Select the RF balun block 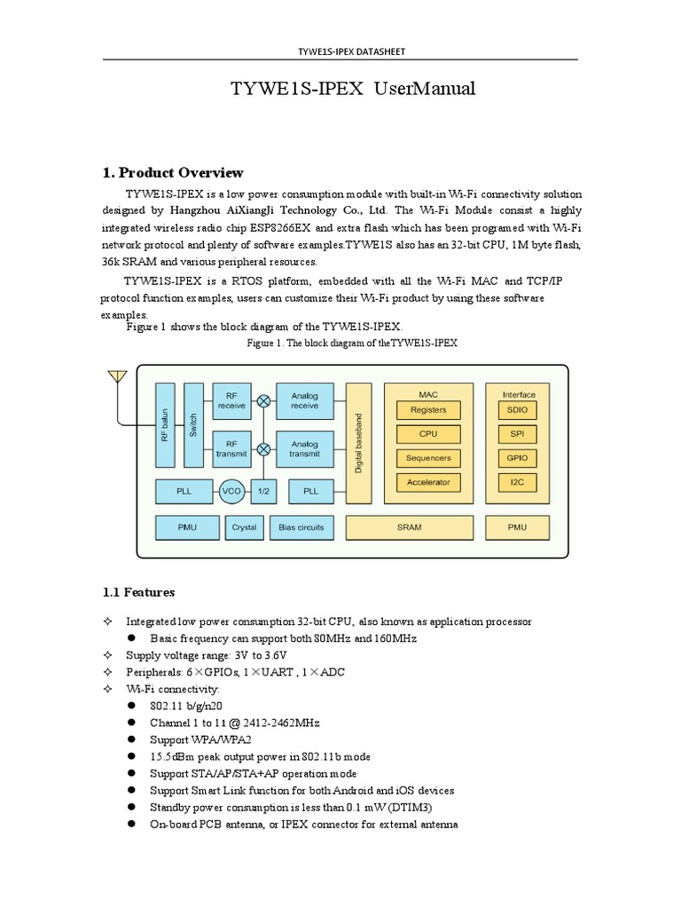point(165,425)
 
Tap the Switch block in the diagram point(193,425)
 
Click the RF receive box point(231,400)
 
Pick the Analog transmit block point(304,448)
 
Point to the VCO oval point(231,490)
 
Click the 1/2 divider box point(263,490)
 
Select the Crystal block point(244,527)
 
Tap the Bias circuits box point(301,527)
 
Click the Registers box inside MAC point(428,410)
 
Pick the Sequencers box point(428,458)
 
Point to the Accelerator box point(428,482)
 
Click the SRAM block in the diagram point(410,527)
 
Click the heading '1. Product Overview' point(172,172)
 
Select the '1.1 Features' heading point(138,591)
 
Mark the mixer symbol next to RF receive point(263,400)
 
